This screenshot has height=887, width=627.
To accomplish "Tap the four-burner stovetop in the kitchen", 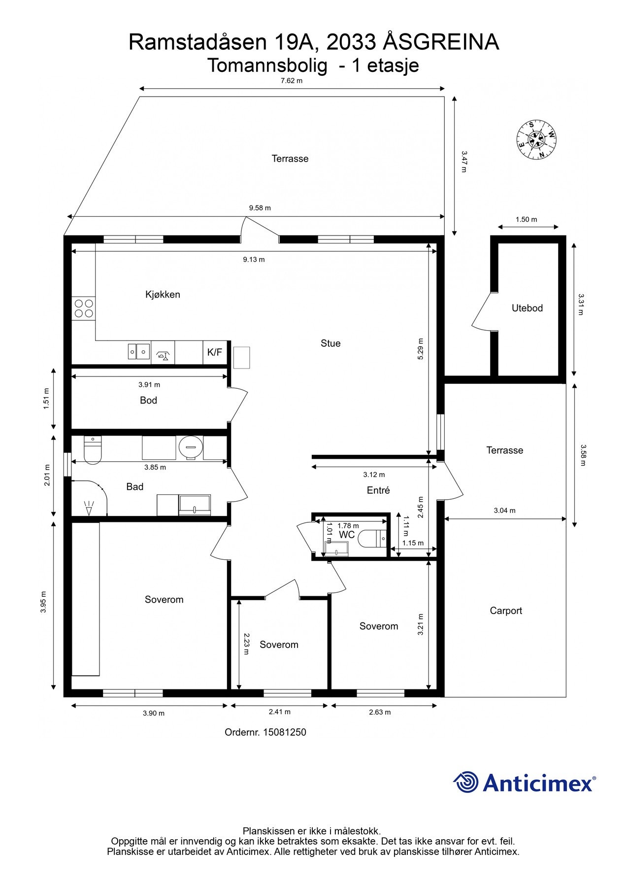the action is coord(84,308).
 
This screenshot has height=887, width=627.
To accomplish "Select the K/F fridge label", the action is coord(215,352).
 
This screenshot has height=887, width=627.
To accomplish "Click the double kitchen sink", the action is coord(139,351).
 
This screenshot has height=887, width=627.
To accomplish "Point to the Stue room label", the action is coord(330,343).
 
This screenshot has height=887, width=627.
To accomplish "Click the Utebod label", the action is coord(527,308).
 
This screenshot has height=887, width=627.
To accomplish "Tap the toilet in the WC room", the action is coord(372,539).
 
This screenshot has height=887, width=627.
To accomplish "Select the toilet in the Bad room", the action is coord(93,450).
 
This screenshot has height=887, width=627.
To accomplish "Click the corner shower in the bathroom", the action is coord(90,498).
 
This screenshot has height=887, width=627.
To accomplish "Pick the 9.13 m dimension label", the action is coord(254,260).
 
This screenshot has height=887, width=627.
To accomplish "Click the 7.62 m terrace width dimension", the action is coord(292,81).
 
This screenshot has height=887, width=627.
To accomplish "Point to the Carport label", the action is coord(506,611).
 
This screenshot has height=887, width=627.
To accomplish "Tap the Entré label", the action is coord(378,490).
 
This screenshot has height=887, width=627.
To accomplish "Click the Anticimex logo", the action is coord(525,782).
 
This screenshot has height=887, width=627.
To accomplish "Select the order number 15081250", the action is coord(285,732).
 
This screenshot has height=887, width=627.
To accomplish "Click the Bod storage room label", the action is coord(148,400).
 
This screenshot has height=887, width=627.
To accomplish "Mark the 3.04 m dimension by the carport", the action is coord(505,511).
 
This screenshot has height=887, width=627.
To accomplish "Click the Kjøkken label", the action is coord(163,295).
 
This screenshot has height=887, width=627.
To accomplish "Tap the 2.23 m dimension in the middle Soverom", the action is coord(246,644).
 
